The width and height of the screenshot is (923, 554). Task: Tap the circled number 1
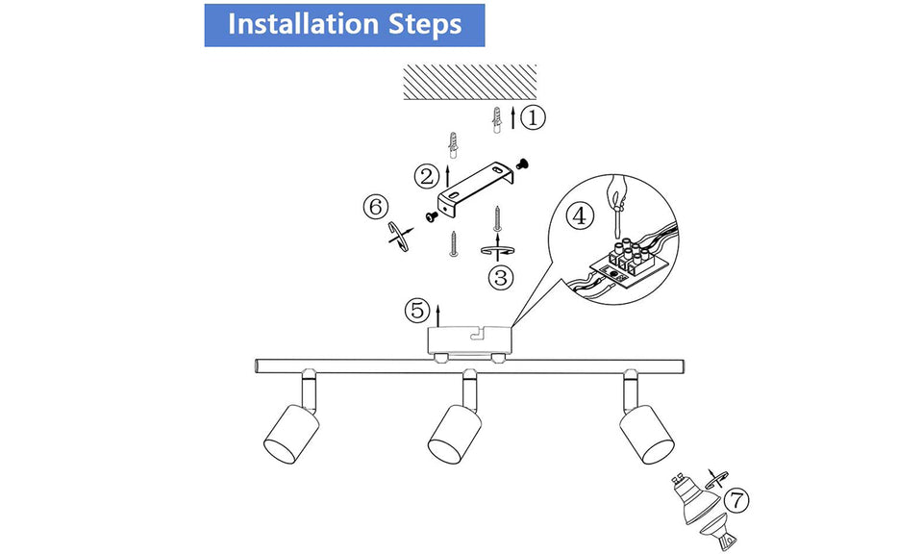coord(534,118)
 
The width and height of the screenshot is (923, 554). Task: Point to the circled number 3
coord(500,278)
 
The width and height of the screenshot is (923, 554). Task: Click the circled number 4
coord(578,215)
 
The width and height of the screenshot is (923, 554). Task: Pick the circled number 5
coord(416,311)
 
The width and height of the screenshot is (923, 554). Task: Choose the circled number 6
coord(376,207)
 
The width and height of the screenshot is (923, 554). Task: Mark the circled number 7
coord(735,500)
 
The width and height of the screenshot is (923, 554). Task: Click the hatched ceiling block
coord(469,81)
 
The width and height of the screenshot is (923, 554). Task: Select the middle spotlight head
coord(454,430)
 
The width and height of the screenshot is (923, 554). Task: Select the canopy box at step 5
coord(469,340)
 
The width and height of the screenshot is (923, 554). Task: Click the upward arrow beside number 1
coord(512,118)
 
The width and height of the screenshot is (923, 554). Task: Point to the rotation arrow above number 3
coord(497,250)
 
